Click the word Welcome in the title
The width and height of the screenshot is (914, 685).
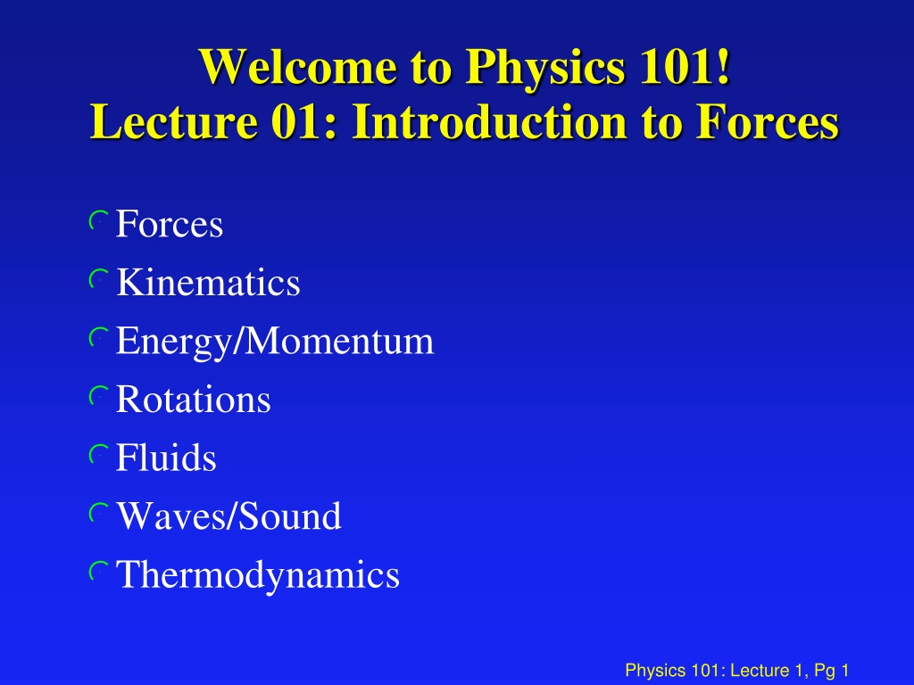[298, 66]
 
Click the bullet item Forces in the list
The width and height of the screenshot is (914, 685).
[169, 224]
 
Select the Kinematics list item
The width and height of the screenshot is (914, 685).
[208, 283]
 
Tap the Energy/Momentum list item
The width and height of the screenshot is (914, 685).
[275, 342]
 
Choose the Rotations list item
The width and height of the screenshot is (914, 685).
[193, 400]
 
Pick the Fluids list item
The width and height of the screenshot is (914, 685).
[165, 458]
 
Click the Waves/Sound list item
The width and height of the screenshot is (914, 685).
[228, 516]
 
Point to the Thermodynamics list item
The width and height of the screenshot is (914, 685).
[258, 575]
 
